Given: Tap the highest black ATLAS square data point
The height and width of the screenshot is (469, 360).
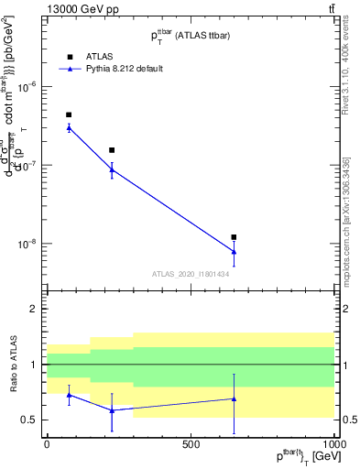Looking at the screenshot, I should pos(69,115).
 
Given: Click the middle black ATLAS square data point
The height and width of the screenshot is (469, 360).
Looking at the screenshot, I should pos(112,150).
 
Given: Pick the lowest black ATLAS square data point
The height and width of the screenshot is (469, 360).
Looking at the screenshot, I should pos(234,237).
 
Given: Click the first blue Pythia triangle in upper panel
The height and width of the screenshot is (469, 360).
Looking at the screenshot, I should pos(69,127).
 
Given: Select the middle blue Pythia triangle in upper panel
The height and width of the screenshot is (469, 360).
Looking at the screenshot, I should pos(112,169).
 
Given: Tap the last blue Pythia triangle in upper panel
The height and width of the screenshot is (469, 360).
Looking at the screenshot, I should pos(234,252).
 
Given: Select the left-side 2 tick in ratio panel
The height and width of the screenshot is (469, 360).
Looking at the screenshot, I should pos(34,310).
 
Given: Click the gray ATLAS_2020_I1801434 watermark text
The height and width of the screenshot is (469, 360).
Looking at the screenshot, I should pos(190,274).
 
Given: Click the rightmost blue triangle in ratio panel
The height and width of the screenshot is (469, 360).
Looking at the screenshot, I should pos(234,398).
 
